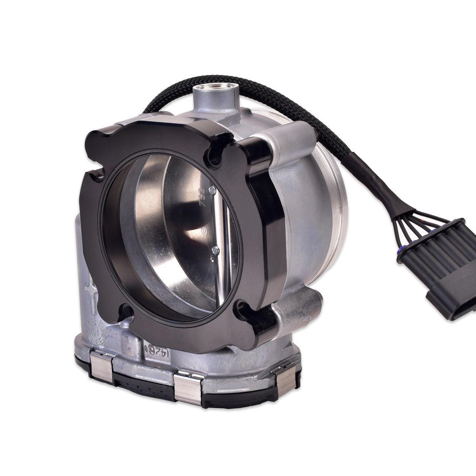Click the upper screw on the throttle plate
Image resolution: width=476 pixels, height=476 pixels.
point(211,190)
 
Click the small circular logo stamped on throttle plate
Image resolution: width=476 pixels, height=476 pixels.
point(204,231)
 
